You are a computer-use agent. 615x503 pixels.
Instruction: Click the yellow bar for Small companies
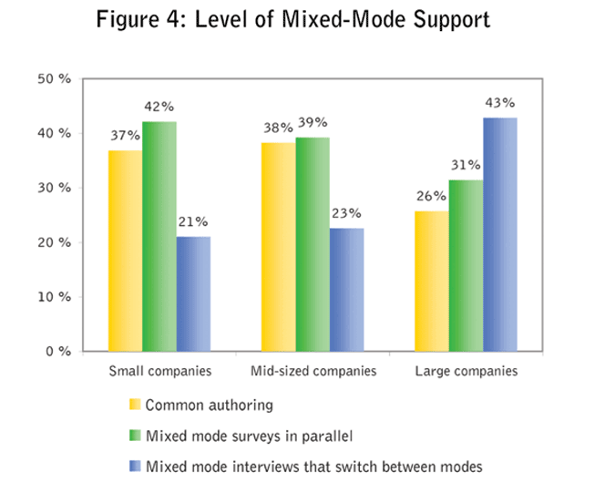point(125,251)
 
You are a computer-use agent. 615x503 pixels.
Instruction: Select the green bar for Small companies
point(159,236)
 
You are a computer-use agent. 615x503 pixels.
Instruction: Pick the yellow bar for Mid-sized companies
point(279,247)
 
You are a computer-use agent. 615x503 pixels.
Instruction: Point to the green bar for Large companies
point(466,265)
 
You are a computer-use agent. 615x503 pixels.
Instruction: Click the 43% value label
point(500,102)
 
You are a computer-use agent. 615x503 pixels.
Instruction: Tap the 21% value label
point(193,221)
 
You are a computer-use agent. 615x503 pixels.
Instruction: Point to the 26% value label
point(431,195)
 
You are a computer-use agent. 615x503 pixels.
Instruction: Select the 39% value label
point(313,122)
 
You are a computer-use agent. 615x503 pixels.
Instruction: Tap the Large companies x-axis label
point(466,372)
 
